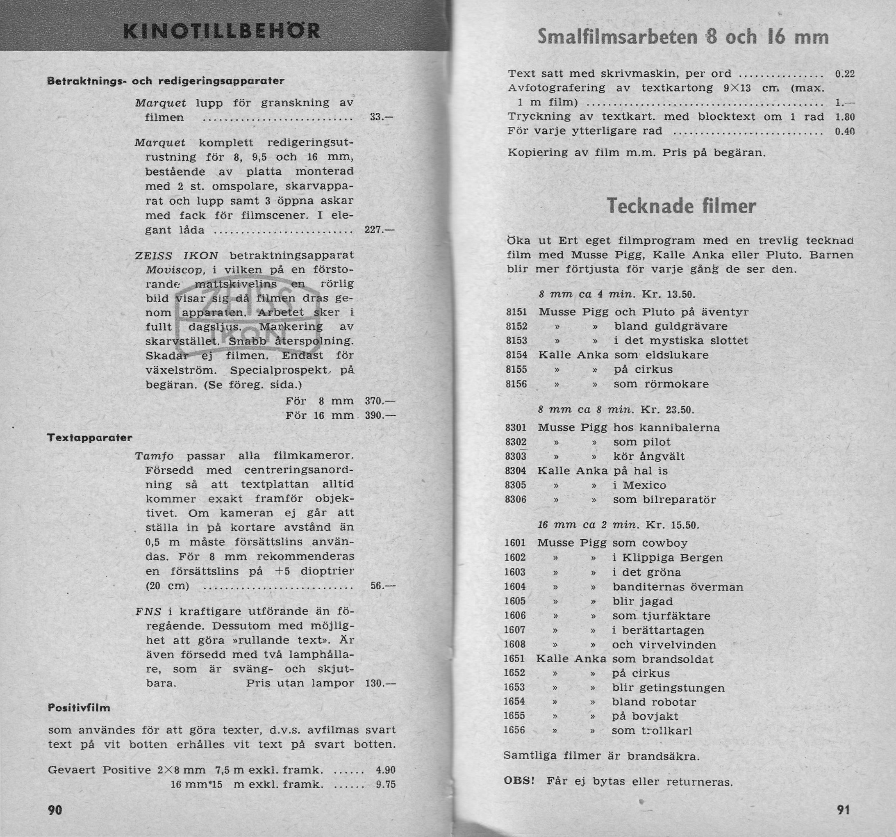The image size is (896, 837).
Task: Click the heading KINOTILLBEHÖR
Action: tap(222, 31)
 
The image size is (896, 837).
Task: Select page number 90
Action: tap(55, 810)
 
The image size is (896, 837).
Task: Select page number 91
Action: tap(843, 810)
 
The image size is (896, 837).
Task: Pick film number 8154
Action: tap(516, 355)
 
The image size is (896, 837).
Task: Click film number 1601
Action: tap(515, 543)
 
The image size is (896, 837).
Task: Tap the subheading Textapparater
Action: tap(90, 438)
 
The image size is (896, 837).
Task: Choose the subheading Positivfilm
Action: tap(79, 707)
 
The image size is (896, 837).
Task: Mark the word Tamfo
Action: tap(154, 456)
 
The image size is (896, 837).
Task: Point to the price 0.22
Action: tap(845, 74)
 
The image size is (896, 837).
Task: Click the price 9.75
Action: tap(385, 784)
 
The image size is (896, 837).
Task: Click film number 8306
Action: tap(516, 499)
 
